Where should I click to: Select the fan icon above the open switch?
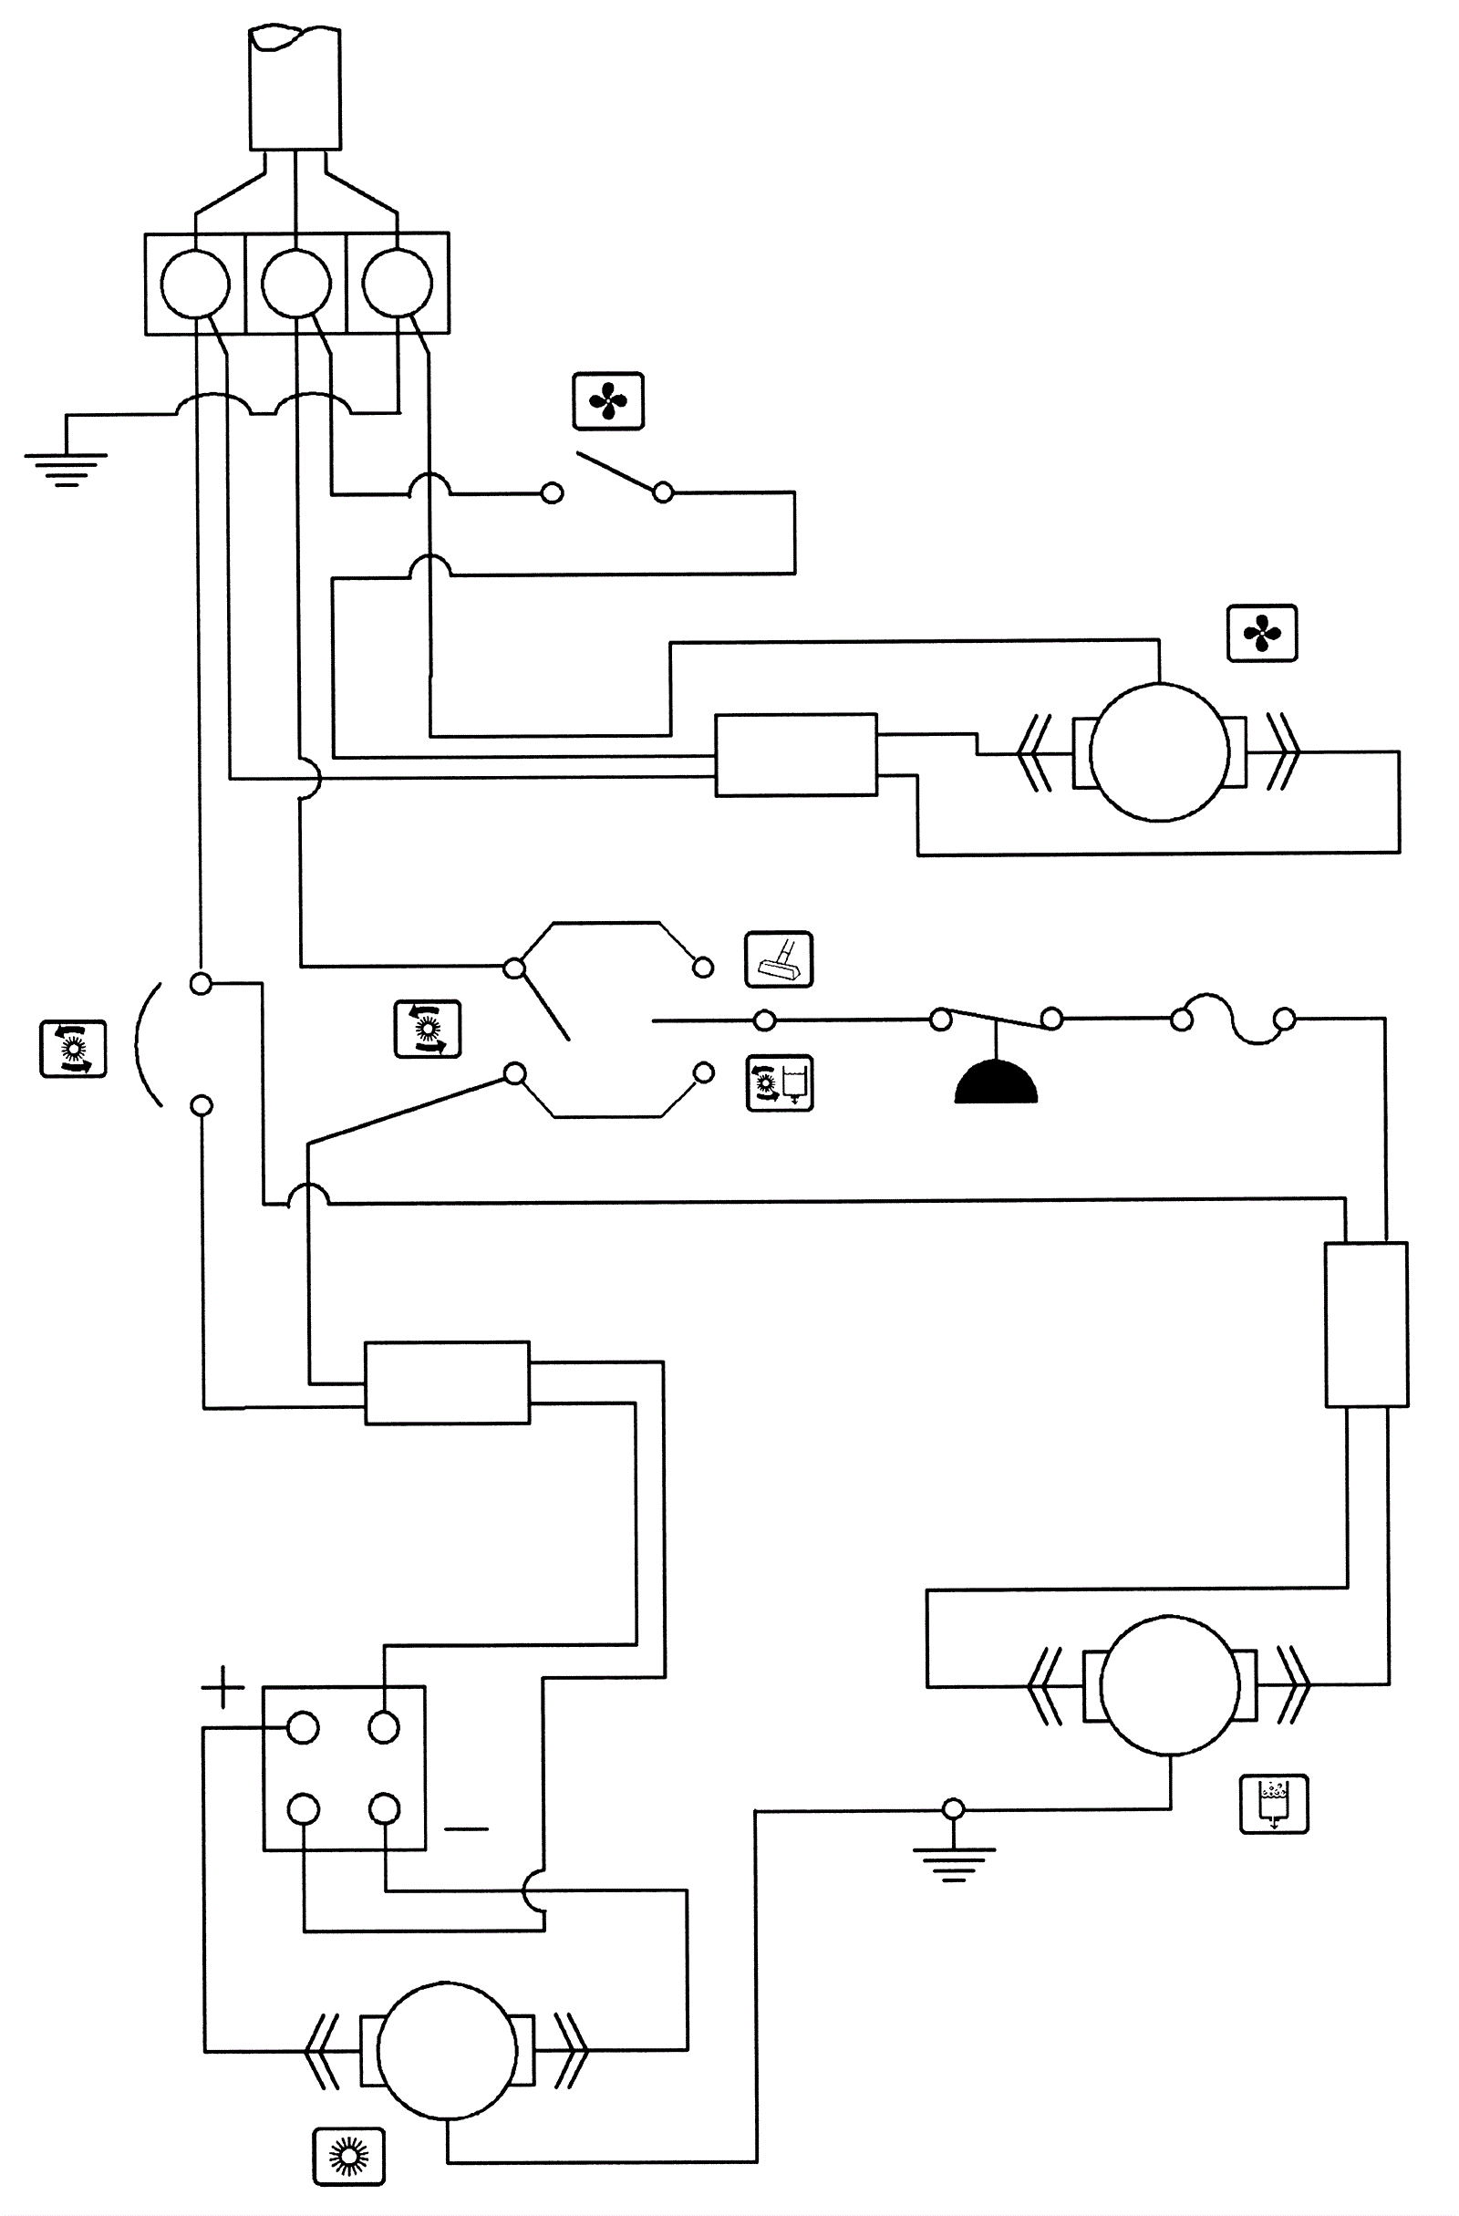coord(608,402)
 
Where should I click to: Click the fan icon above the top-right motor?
coord(1262,634)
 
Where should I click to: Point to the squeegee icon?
coord(779,959)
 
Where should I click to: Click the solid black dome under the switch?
coord(996,1082)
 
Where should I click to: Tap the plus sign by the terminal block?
coord(222,1686)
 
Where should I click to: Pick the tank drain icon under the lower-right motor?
coord(1274,1804)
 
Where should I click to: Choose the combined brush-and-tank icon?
coord(780,1082)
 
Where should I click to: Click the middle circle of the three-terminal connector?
coord(296,283)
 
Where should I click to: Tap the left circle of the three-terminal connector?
coord(194,283)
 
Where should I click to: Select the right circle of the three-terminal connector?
coord(397,283)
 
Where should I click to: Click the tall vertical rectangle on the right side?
coord(1366,1324)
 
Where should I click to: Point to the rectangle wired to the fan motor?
coord(795,755)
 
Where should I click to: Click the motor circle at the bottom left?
coord(447,2050)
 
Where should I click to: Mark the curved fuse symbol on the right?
coord(1233,1020)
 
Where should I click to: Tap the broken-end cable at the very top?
coord(295,89)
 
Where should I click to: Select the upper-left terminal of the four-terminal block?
coord(303,1728)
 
